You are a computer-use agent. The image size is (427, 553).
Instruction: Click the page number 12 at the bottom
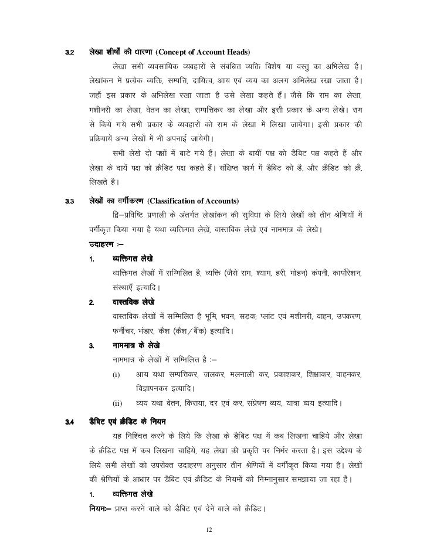pyautogui.click(x=213, y=531)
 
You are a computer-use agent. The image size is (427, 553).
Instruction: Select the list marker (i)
pyautogui.click(x=116, y=374)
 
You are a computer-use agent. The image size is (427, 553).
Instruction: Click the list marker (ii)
pyautogui.click(x=117, y=403)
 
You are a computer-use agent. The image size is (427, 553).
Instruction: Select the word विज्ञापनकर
pyautogui.click(x=154, y=389)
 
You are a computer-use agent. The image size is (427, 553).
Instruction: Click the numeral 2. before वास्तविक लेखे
pyautogui.click(x=91, y=303)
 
